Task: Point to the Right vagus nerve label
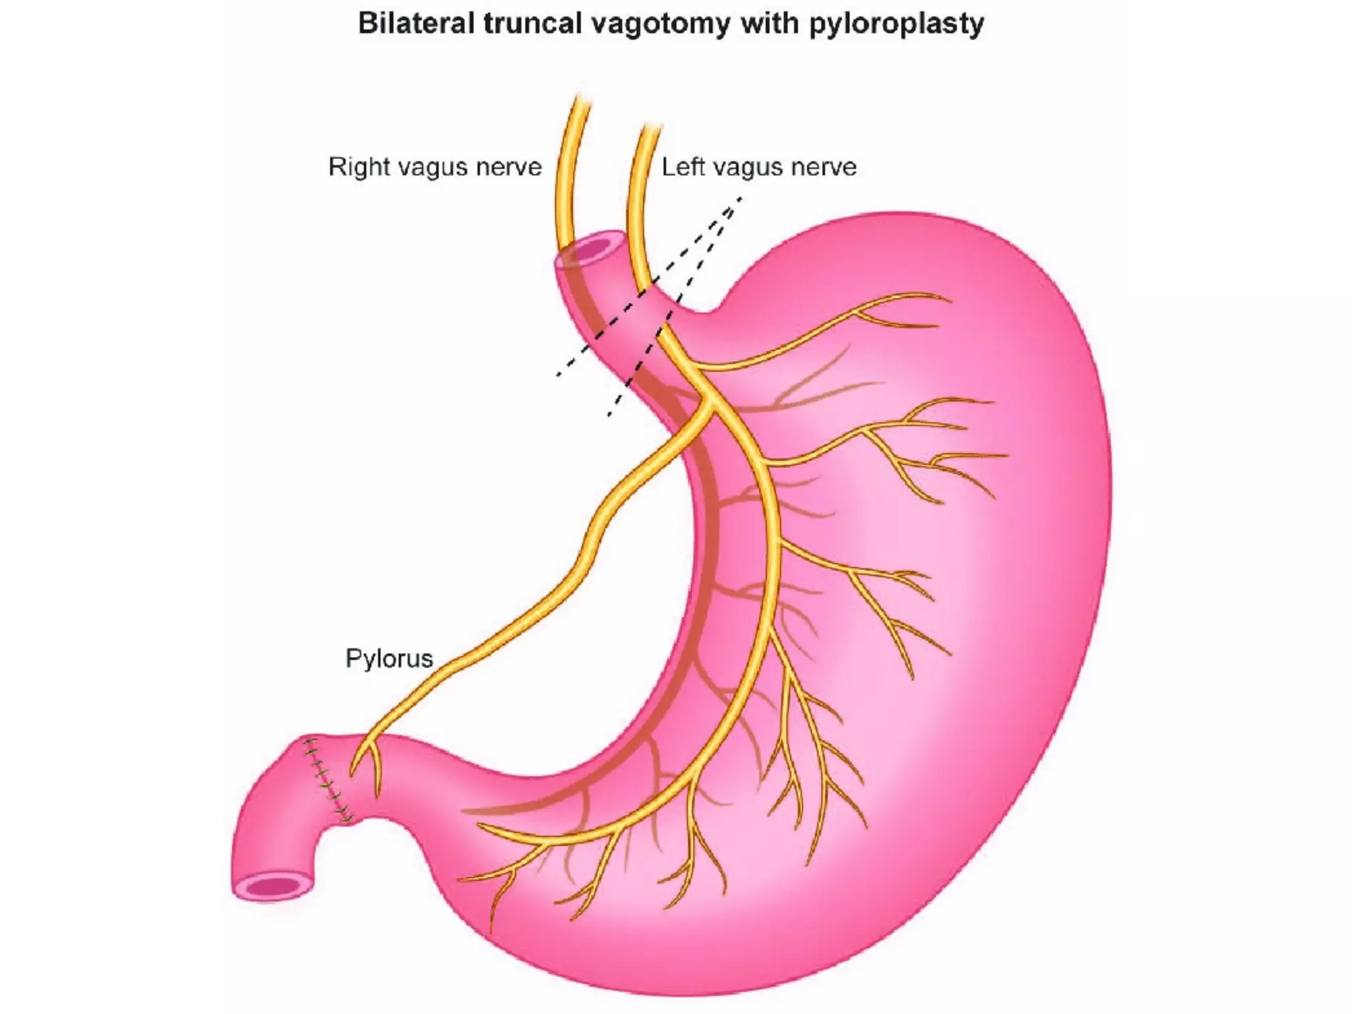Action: [x=434, y=167]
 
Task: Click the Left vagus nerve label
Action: [x=759, y=167]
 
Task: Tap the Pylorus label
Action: [x=389, y=658]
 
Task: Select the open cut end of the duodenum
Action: [x=273, y=887]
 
